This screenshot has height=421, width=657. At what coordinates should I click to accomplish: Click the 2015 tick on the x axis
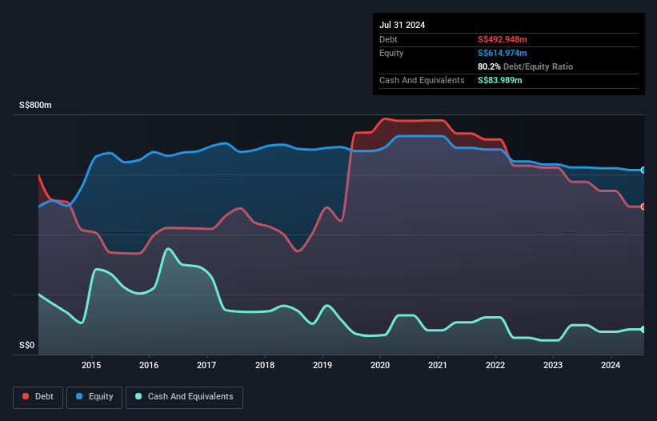click(x=92, y=366)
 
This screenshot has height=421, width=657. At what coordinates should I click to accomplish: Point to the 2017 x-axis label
click(x=207, y=366)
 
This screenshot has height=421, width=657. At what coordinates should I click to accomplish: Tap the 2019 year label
click(x=322, y=366)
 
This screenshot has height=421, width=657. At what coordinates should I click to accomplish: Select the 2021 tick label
click(x=438, y=366)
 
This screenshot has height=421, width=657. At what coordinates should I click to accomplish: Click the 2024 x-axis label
click(x=611, y=366)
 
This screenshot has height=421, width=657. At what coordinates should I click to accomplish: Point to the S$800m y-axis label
click(x=36, y=106)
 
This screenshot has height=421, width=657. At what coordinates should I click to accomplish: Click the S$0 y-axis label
click(x=27, y=346)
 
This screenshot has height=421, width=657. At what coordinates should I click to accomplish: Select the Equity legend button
click(x=94, y=397)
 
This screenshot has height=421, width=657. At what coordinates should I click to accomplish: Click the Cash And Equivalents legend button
click(x=184, y=397)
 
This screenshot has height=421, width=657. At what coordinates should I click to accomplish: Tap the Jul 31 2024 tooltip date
click(x=403, y=25)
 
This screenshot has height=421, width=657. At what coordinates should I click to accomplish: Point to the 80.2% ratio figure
click(x=489, y=66)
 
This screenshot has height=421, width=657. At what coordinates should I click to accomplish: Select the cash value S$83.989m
click(x=500, y=80)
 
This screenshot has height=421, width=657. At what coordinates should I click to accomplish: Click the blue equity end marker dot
click(x=643, y=170)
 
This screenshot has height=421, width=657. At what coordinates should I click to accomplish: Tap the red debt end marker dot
click(x=643, y=206)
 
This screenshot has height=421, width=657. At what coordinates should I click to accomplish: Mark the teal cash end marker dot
click(x=643, y=329)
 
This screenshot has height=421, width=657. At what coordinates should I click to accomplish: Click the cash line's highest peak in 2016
click(x=168, y=249)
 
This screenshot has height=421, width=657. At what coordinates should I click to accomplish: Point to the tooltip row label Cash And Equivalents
click(x=422, y=80)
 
